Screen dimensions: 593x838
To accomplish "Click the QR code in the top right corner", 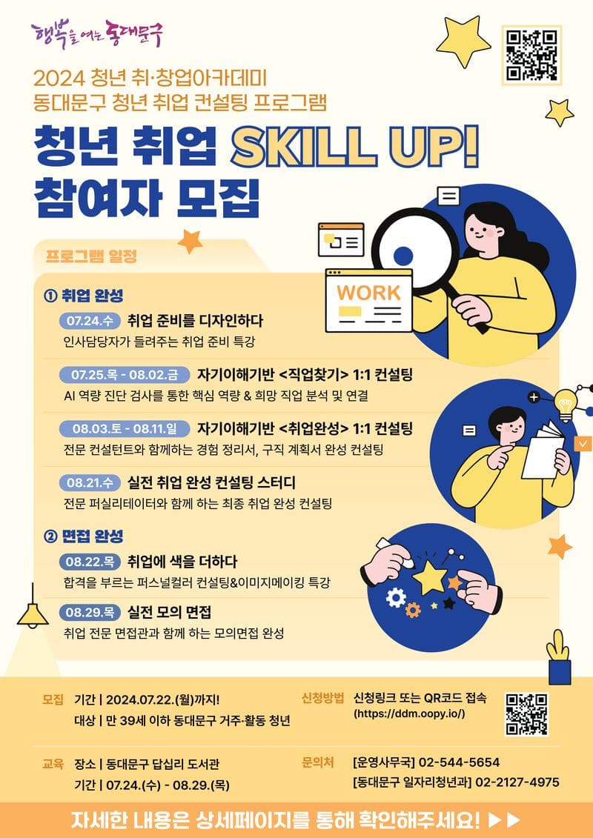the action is click(x=532, y=55).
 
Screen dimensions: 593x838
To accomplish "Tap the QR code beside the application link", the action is click(x=527, y=714).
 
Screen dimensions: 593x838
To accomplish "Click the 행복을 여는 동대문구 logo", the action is click(x=97, y=33).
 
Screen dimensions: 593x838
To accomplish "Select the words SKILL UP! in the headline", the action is click(x=354, y=147).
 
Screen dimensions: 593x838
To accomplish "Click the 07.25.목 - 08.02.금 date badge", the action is click(x=125, y=375).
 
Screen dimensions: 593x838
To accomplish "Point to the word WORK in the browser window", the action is click(x=368, y=293).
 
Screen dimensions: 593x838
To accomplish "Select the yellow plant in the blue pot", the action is click(x=559, y=656).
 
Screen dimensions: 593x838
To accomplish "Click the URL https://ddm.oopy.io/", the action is click(x=410, y=714).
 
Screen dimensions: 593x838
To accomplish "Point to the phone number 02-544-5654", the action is click(x=459, y=762).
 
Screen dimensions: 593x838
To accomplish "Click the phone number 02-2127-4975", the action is click(x=517, y=782).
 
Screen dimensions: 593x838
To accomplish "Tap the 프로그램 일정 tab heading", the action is click(x=91, y=256).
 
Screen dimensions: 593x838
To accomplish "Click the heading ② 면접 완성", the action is click(x=85, y=536).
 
